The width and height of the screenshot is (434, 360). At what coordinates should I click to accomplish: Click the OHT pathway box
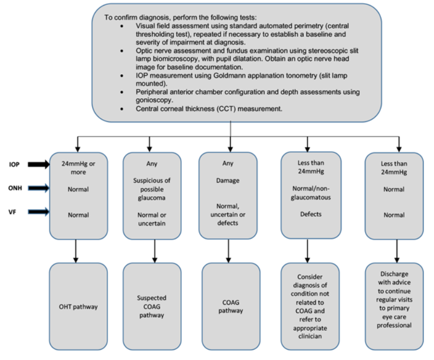(x=78, y=306)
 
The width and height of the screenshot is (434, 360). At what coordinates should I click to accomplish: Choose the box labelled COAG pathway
(x=232, y=306)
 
